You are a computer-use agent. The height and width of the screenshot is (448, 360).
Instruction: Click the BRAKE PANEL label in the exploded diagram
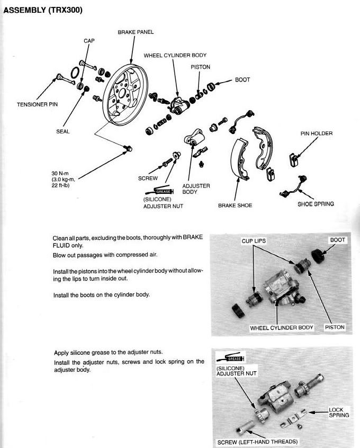coord(136,32)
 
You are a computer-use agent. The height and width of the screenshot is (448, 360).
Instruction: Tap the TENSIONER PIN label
coord(37,104)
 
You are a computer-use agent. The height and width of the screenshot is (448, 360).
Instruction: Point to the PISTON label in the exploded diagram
coord(200,67)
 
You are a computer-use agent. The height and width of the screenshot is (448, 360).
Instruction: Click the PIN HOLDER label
coord(317,133)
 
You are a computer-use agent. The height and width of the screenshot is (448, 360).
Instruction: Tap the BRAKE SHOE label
coord(235,205)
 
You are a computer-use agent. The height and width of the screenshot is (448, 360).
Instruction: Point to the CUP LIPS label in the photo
coord(253,241)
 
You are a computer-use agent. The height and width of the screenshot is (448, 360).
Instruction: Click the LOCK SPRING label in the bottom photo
coord(339,413)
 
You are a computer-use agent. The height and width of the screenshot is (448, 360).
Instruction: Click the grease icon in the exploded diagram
coord(163,191)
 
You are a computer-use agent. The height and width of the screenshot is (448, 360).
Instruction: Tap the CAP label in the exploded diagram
coord(89,40)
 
